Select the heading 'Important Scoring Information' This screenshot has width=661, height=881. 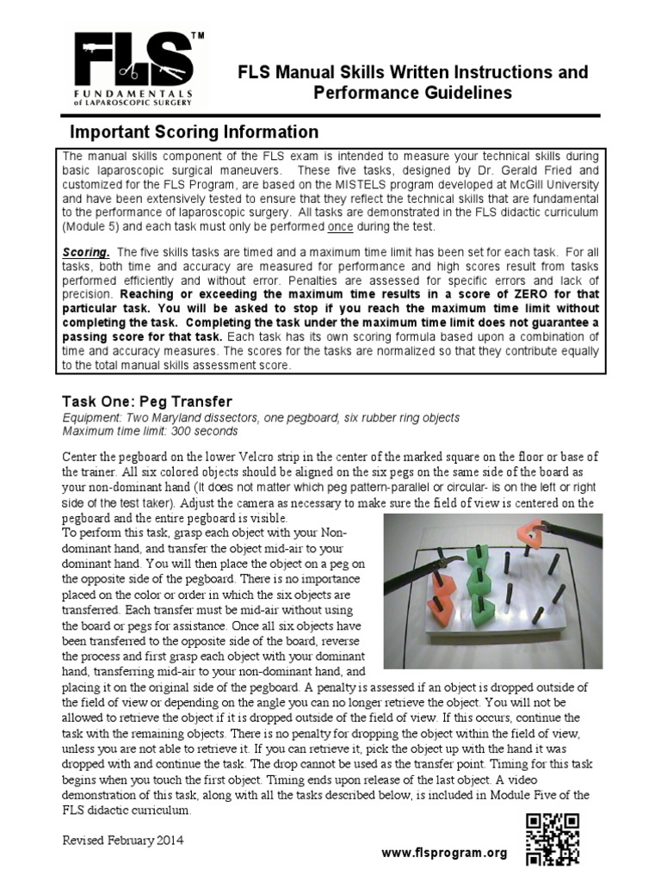pyautogui.click(x=194, y=132)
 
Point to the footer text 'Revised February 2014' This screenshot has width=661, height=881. pyautogui.click(x=123, y=839)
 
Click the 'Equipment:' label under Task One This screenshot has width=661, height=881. pyautogui.click(x=93, y=417)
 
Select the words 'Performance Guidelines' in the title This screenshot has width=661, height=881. pyautogui.click(x=412, y=93)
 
